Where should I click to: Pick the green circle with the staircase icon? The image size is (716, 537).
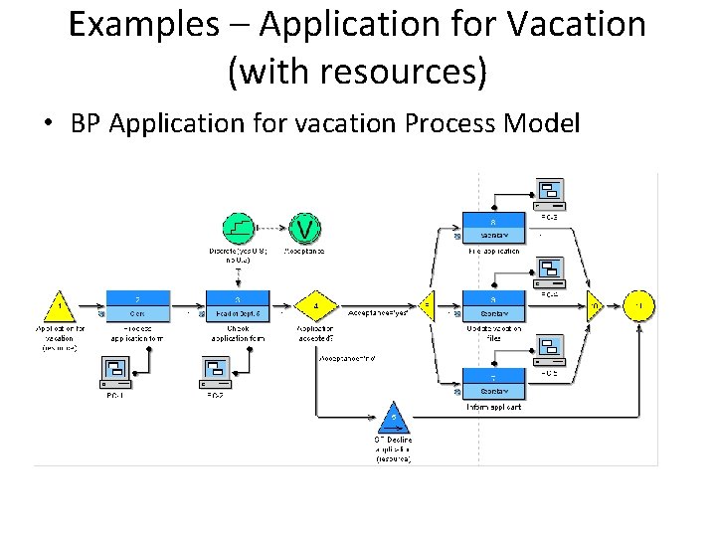click(237, 228)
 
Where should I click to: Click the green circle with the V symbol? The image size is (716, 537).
click(305, 228)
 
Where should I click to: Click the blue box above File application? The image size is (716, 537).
click(494, 228)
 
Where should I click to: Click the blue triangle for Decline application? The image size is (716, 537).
click(394, 416)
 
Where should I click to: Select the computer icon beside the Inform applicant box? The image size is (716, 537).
click(549, 348)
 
